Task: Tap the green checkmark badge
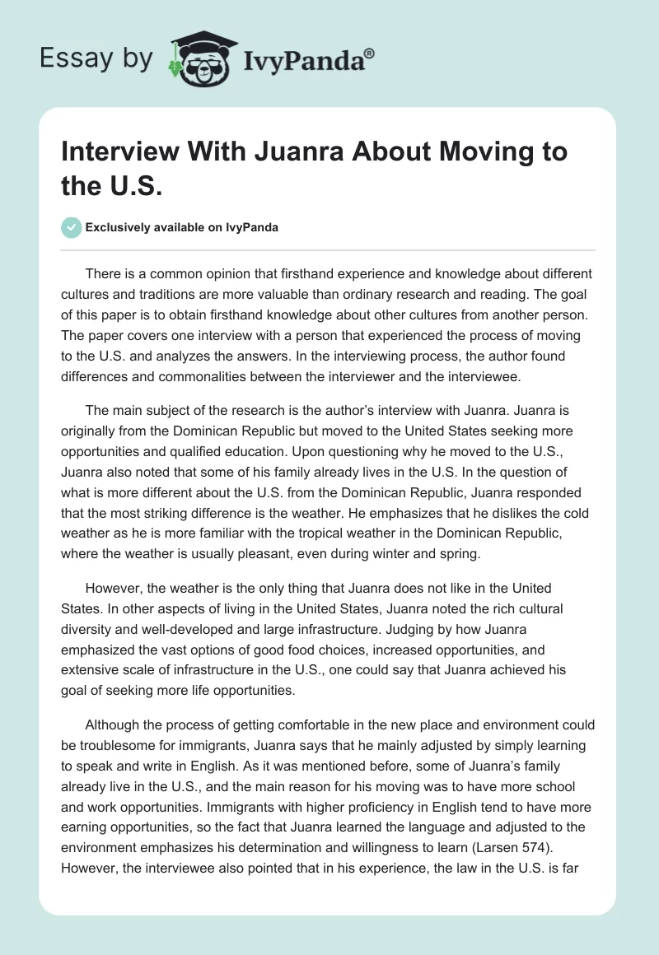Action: coord(72,227)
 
